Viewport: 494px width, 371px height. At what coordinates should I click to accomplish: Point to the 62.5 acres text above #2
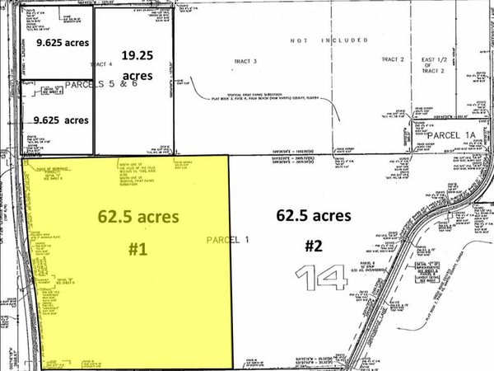pyautogui.click(x=315, y=216)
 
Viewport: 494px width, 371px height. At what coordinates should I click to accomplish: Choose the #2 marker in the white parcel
pyautogui.click(x=315, y=245)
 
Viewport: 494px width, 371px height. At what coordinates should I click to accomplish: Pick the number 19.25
pyautogui.click(x=139, y=56)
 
